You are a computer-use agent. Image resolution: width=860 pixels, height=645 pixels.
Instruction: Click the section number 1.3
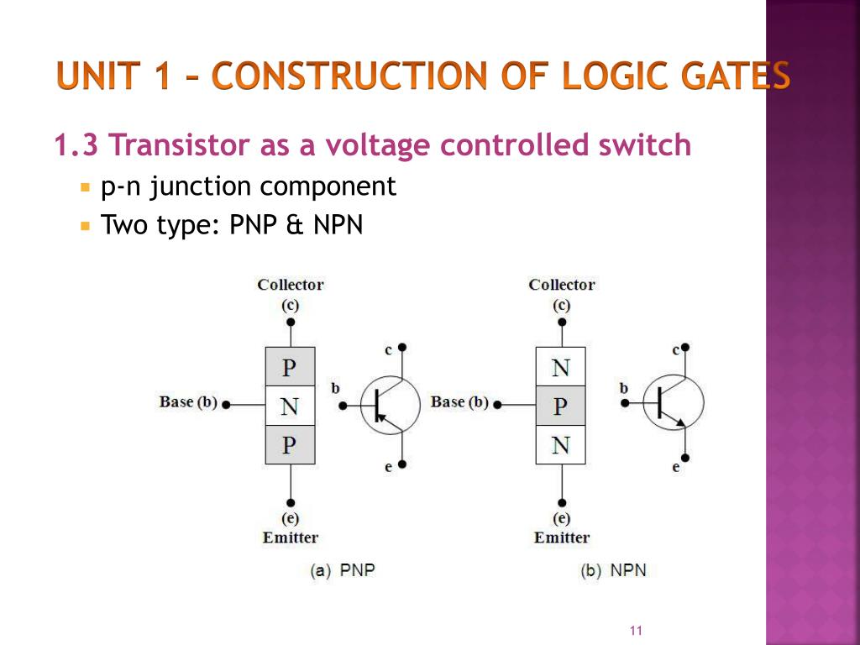[x=76, y=146]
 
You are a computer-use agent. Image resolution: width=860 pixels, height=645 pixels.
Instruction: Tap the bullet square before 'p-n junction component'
[x=85, y=186]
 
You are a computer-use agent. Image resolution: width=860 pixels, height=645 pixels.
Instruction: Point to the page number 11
[x=635, y=631]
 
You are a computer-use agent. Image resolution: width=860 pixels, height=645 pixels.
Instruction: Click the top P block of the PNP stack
[x=290, y=367]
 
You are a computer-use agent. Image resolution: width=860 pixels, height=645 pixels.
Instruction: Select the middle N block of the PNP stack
[x=290, y=406]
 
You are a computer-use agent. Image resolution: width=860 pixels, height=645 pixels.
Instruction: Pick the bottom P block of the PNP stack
[x=290, y=445]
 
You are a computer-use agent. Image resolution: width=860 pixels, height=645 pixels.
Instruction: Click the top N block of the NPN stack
[x=560, y=367]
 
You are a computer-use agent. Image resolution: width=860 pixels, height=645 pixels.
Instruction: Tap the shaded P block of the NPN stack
[x=560, y=406]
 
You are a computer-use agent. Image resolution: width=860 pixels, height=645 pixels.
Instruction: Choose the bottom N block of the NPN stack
[x=560, y=445]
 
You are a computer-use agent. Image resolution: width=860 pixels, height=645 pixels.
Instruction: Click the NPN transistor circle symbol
[x=674, y=403]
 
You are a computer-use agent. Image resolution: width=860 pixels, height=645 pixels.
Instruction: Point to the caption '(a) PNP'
[x=343, y=570]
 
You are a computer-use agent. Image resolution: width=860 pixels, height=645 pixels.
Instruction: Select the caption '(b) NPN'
[x=614, y=570]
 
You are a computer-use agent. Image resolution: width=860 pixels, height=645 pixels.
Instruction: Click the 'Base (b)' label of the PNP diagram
[x=188, y=402]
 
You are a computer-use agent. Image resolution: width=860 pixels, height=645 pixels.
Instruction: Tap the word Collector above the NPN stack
[x=562, y=285]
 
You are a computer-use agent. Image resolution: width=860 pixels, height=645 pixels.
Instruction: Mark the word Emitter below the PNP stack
[x=291, y=537]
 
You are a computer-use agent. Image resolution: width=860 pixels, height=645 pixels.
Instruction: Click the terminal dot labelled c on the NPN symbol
[x=686, y=346]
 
